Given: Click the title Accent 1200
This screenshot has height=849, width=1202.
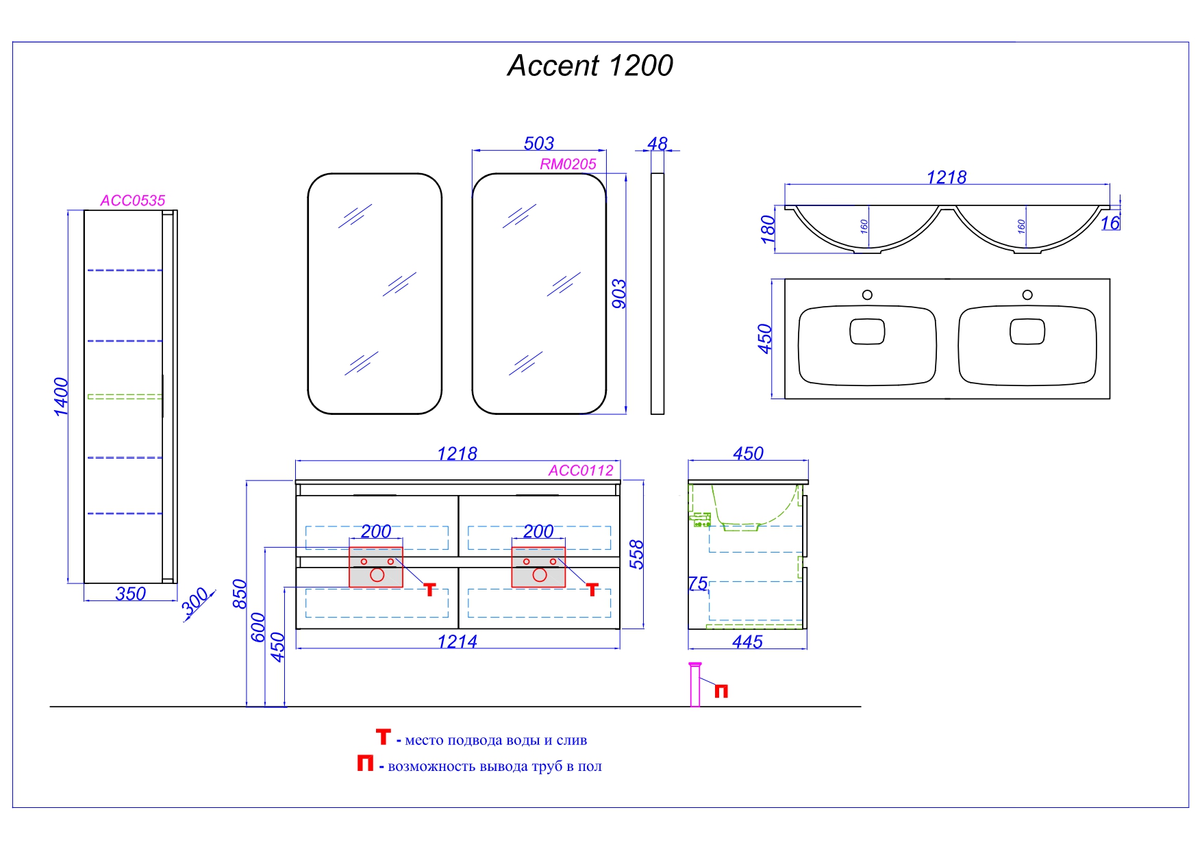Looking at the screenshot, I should (x=590, y=66).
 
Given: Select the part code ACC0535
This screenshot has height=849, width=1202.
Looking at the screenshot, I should (x=133, y=201).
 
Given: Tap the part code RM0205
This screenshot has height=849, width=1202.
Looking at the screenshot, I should (x=568, y=164).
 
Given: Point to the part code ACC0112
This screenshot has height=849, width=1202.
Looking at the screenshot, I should (x=581, y=470).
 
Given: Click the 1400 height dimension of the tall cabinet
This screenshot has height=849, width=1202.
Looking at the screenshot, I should (x=62, y=396).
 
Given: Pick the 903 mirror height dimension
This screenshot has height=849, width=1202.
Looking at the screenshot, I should (x=618, y=294).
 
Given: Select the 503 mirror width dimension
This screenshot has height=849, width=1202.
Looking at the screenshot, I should (x=539, y=143).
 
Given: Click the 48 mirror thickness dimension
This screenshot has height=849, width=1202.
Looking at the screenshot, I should (x=658, y=144).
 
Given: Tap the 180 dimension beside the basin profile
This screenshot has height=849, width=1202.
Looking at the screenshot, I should (x=768, y=229).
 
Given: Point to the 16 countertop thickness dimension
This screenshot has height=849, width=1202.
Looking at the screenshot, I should (x=1110, y=223).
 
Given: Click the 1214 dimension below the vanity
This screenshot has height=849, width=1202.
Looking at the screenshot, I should (x=457, y=642).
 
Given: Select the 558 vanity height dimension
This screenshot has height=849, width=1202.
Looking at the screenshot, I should (x=637, y=555).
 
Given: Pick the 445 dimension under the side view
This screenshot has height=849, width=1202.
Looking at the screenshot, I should (x=747, y=642).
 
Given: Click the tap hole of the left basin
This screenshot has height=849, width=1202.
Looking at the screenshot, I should (x=867, y=295).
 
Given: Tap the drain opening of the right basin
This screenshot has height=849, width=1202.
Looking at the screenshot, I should (x=1027, y=332).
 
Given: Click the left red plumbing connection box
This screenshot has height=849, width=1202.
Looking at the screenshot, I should (x=376, y=567).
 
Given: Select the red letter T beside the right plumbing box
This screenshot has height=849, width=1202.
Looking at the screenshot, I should (x=592, y=590).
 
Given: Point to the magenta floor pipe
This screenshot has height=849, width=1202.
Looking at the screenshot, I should (x=695, y=684).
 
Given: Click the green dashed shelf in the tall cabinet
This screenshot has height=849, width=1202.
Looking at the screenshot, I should (x=125, y=396).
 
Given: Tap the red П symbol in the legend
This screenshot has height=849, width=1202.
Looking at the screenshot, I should (x=365, y=763).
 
